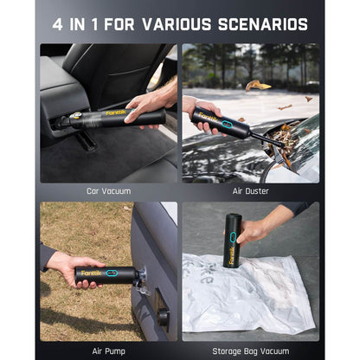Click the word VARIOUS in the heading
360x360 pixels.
(192, 24)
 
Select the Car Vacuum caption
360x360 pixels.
(109, 190)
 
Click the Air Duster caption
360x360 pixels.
(250, 190)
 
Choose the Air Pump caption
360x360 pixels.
(109, 350)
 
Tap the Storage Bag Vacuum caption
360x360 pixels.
(250, 350)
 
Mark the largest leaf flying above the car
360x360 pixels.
(257, 85)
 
